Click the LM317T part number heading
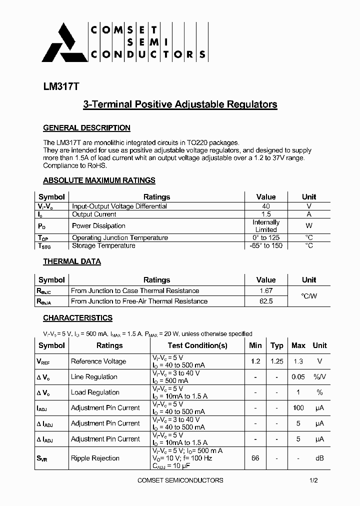(x=61, y=86)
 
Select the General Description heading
(x=86, y=128)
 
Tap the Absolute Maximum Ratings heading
(x=99, y=180)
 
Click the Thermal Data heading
(x=71, y=261)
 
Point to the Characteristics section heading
(x=77, y=318)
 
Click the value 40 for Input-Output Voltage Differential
(x=266, y=206)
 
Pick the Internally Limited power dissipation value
(x=266, y=226)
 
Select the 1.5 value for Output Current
(x=266, y=214)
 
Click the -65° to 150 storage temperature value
(x=266, y=245)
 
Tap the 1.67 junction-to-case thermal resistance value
(x=266, y=290)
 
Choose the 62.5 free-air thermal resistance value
(x=266, y=301)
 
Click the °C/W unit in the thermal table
(x=309, y=296)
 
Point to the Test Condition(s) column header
(x=197, y=345)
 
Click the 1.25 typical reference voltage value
(x=276, y=361)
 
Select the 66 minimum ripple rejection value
(x=255, y=458)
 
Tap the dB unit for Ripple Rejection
(x=319, y=458)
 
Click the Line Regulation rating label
(x=94, y=377)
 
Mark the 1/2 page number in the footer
(x=313, y=480)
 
